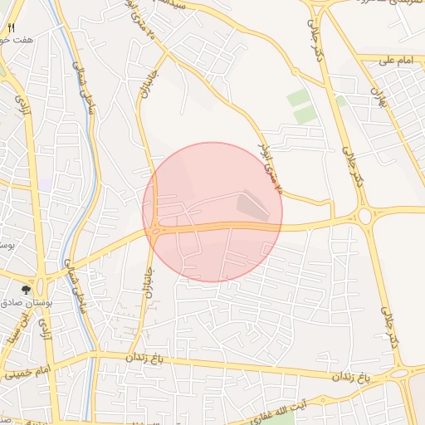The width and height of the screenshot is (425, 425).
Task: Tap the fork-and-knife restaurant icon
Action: click(11, 28)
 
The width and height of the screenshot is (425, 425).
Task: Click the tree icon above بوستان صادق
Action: click(27, 290)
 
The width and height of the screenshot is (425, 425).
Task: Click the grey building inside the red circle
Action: click(253, 204)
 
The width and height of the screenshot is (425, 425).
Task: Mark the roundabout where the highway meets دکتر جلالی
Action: click(366, 216)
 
